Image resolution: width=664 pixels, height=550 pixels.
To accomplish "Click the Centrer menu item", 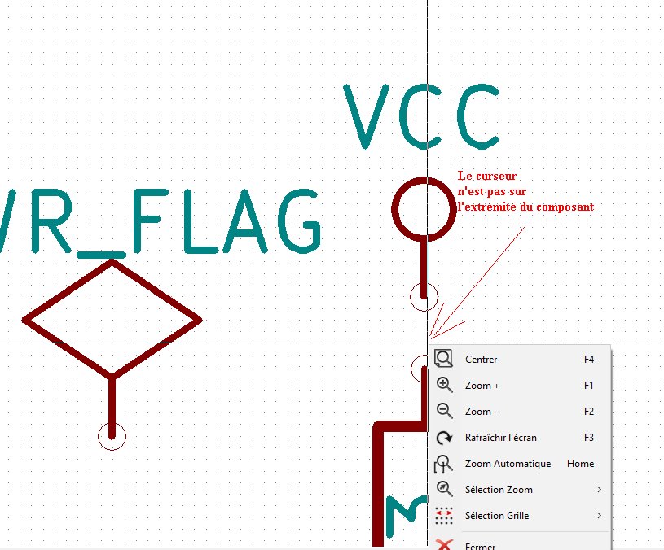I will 481,360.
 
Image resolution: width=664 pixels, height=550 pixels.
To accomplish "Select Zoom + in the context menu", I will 482,386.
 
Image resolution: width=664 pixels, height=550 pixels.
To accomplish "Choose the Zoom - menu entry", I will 481,412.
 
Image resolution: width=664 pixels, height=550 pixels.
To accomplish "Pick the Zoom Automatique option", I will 508,464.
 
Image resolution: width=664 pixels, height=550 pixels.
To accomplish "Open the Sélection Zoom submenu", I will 499,490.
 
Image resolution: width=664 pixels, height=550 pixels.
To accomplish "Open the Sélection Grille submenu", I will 497,516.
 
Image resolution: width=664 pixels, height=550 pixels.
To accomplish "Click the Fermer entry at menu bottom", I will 480,545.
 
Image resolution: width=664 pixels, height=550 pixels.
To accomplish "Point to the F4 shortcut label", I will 589,360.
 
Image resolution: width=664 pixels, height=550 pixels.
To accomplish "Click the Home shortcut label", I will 581,464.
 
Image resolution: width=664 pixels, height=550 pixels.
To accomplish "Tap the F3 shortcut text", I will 589,438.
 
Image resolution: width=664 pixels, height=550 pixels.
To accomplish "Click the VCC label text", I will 421,117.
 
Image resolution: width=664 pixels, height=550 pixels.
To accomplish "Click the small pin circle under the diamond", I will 112,436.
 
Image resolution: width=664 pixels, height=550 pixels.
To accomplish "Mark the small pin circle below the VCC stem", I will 423,297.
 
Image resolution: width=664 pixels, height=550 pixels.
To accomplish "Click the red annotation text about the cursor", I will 525,191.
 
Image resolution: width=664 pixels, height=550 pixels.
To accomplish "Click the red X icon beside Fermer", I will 444,544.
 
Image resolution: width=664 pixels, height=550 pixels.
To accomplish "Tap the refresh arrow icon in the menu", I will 444,438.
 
